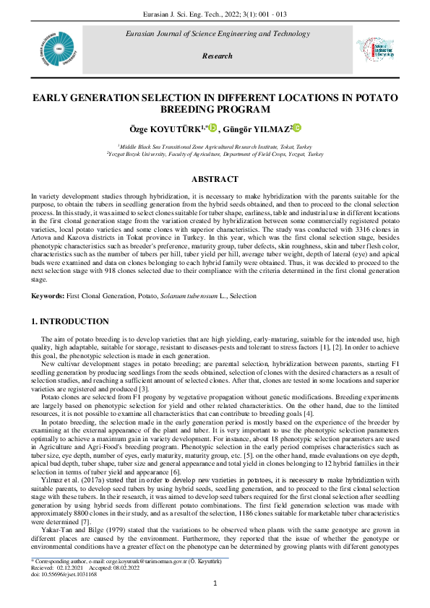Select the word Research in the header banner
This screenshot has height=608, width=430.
pyautogui.click(x=218, y=56)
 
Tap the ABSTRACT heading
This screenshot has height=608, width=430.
pyautogui.click(x=215, y=179)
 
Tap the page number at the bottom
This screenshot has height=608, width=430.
pyautogui.click(x=215, y=583)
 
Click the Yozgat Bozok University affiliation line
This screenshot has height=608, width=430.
pyautogui.click(x=215, y=154)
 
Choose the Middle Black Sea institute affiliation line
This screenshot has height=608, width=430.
pyautogui.click(x=215, y=146)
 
